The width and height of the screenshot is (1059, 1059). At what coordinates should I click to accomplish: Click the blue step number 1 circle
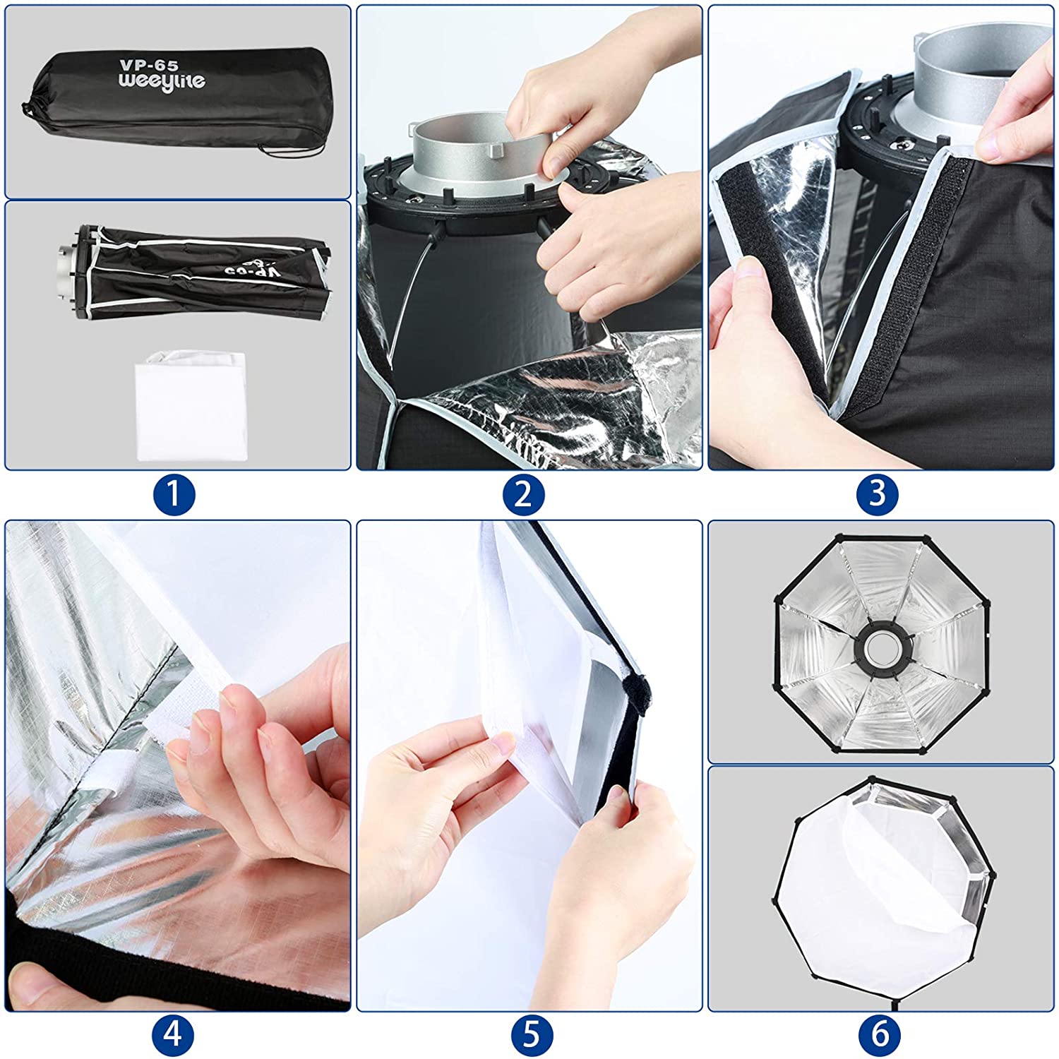[174, 494]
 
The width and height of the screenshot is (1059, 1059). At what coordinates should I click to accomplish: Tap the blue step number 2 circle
[523, 494]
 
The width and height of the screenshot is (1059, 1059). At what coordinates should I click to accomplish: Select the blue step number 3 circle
[877, 494]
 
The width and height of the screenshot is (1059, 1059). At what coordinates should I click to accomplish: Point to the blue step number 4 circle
[174, 1035]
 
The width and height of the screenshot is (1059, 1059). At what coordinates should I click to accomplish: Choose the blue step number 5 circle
[531, 1035]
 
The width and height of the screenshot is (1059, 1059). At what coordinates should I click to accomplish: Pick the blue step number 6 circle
[880, 1035]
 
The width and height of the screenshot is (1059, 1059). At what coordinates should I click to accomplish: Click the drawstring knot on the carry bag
[28, 109]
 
